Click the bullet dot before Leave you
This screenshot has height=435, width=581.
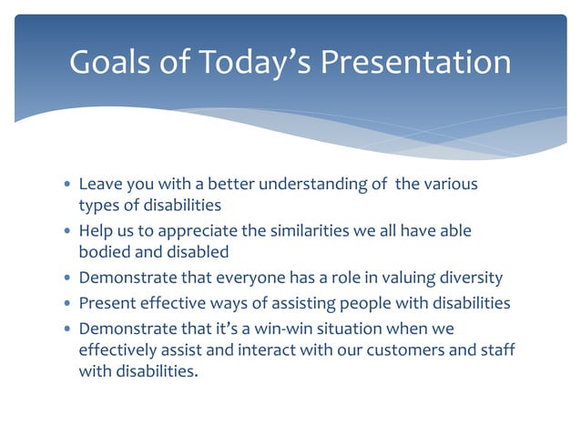(x=66, y=185)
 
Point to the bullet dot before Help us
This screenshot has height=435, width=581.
(x=66, y=232)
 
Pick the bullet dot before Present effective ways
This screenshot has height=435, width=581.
(x=66, y=303)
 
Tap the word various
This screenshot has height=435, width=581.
(x=448, y=185)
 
